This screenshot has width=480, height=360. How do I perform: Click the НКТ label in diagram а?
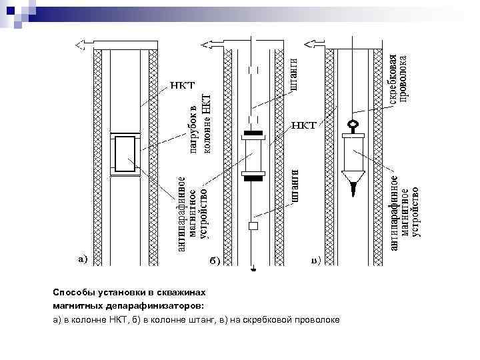181,86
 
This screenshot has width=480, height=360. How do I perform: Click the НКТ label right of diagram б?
304,125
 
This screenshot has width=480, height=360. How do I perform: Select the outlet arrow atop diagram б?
209,45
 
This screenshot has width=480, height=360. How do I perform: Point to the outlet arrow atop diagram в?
313,45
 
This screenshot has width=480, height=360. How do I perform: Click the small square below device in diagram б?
253,226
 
